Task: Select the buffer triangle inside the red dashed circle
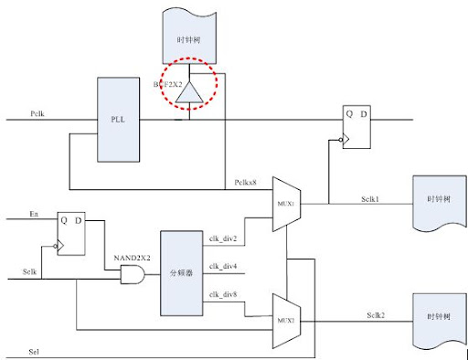[x=189, y=91]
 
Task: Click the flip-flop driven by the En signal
[x=70, y=231]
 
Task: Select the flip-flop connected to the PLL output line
[x=356, y=126]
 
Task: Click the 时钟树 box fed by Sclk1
[x=434, y=201]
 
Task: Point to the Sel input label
[x=35, y=350]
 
